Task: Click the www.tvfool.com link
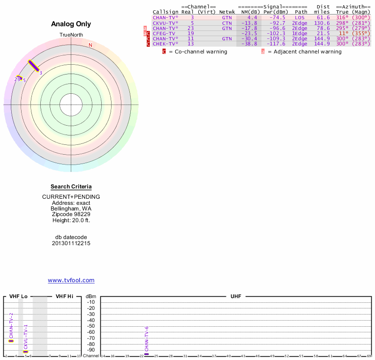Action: [71, 280]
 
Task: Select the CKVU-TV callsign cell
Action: [165, 22]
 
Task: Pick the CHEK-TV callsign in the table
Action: [165, 44]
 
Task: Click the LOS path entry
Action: [300, 17]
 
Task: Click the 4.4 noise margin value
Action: [253, 17]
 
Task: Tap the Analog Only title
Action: [71, 24]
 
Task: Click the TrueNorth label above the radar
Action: [71, 35]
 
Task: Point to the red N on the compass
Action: [90, 45]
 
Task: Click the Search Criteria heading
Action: [71, 187]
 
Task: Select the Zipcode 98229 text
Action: [71, 214]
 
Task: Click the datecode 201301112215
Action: [71, 243]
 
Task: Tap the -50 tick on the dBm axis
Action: [91, 326]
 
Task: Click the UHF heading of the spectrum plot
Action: [235, 297]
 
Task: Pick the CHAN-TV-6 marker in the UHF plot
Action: [147, 354]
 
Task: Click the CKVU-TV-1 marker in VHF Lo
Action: [26, 351]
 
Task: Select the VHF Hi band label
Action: [64, 297]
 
